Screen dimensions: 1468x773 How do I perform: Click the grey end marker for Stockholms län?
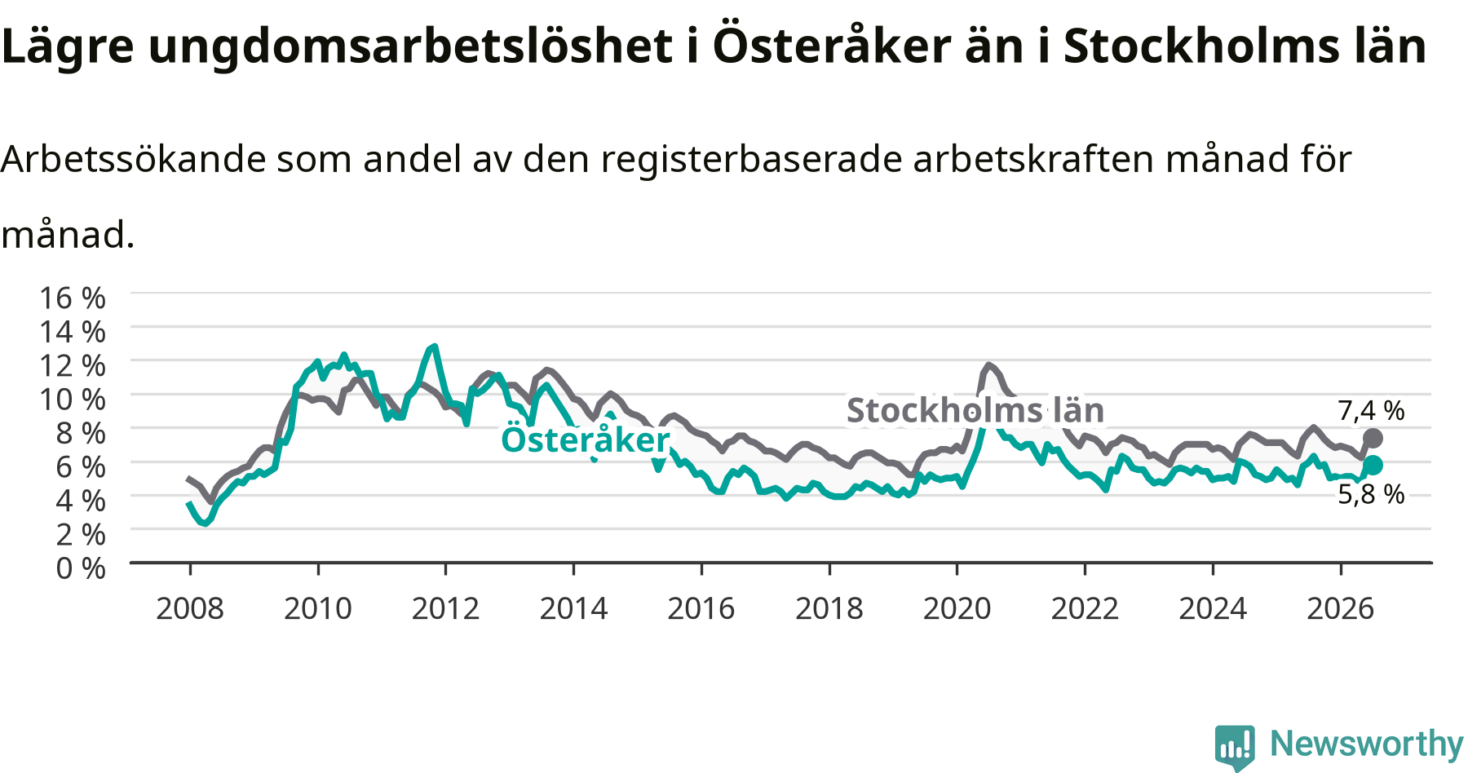click(x=1373, y=439)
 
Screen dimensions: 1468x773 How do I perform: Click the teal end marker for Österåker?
click(x=1373, y=466)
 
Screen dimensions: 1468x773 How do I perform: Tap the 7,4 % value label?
click(x=1371, y=410)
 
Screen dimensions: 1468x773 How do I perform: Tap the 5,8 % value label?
click(x=1371, y=494)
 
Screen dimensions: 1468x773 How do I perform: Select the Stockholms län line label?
click(x=975, y=410)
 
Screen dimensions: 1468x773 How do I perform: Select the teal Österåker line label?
click(x=585, y=439)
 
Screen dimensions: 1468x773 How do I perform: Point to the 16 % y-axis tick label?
click(x=73, y=298)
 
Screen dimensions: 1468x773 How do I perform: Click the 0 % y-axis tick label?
click(x=81, y=568)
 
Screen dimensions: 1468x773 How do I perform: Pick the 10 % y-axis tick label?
click(x=73, y=399)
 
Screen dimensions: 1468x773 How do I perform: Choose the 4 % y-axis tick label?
click(x=81, y=500)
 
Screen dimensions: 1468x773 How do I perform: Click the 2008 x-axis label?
click(x=190, y=608)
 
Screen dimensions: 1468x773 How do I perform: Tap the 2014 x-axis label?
click(x=574, y=608)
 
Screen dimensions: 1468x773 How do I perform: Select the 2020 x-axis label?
click(x=957, y=608)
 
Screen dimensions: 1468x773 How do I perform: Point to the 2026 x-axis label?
click(x=1341, y=608)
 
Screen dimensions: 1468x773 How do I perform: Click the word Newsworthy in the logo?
click(x=1367, y=744)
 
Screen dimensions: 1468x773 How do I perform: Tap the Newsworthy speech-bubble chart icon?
click(x=1235, y=746)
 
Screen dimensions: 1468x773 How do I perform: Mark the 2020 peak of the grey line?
click(x=988, y=365)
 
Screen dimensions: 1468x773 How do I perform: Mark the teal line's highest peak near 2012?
click(x=434, y=347)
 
